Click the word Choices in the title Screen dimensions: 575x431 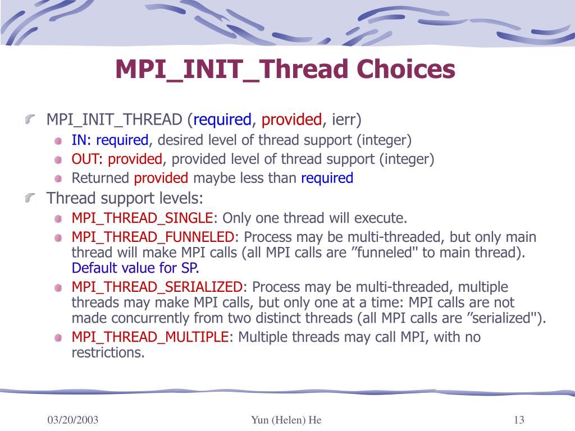coord(405,69)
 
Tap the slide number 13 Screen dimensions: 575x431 coord(519,420)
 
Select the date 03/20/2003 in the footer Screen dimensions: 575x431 coord(73,420)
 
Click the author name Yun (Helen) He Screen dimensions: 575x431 coord(286,420)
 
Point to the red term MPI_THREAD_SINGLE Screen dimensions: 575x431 coord(142,218)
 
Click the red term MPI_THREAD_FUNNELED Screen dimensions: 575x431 coord(153,237)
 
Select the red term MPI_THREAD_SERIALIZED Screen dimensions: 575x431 coord(157,287)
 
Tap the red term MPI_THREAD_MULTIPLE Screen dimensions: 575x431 coord(150,337)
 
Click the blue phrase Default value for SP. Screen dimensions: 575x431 coord(135,268)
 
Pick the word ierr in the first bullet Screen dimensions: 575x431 coord(344,120)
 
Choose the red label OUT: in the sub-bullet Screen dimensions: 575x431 coord(87,159)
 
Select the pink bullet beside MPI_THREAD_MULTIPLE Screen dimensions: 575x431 coord(58,337)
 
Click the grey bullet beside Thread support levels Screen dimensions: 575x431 coord(30,198)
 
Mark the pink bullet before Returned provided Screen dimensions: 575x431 coord(58,179)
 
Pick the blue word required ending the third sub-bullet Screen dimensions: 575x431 coord(327,178)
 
